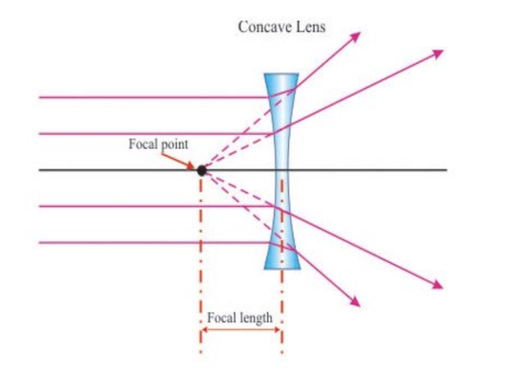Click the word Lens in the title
[310, 27]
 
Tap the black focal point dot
[201, 171]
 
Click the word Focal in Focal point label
[143, 144]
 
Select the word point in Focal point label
[174, 145]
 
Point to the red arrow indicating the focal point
[178, 161]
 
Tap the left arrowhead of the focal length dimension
[204, 330]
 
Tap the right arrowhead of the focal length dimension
[277, 330]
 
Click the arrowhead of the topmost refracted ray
[356, 36]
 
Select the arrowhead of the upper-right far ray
[438, 54]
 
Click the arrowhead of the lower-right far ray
[438, 286]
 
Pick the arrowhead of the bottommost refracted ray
[356, 302]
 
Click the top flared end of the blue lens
[281, 74]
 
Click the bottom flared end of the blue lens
[282, 266]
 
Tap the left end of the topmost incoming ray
[40, 97]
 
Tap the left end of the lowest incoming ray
[40, 243]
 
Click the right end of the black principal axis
[447, 170]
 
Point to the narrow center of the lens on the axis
[282, 170]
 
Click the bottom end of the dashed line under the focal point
[201, 352]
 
